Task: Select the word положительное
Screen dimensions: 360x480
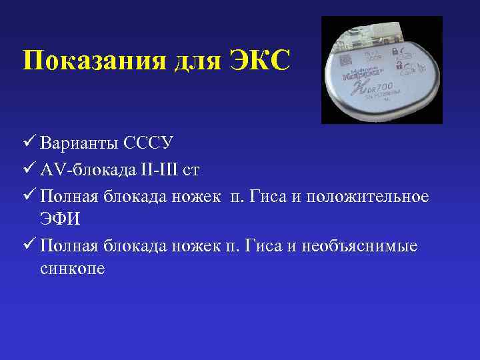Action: pyautogui.click(x=373, y=197)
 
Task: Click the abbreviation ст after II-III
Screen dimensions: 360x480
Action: pyautogui.click(x=191, y=170)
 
